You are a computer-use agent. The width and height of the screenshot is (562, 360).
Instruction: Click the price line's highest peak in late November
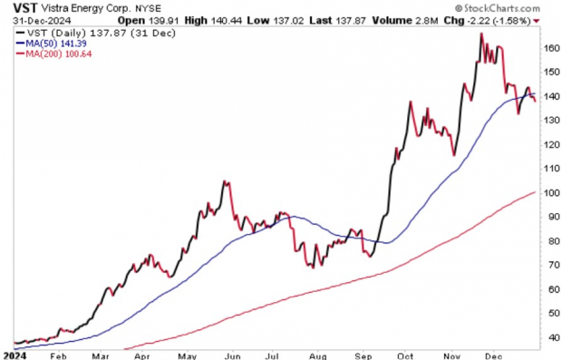tap(480, 34)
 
